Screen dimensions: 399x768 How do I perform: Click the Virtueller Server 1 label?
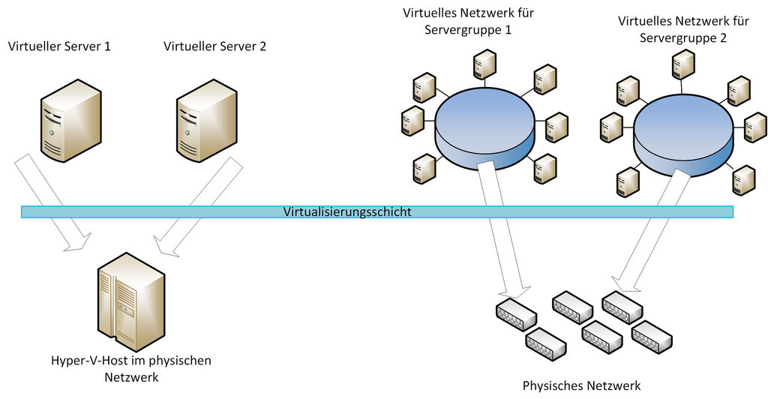(x=59, y=46)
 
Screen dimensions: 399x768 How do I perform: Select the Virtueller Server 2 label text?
(x=214, y=46)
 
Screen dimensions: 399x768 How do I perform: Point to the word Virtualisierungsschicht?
(x=347, y=212)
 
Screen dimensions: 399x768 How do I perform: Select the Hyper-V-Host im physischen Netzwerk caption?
(x=131, y=368)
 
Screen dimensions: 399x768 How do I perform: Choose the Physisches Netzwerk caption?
(x=582, y=386)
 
